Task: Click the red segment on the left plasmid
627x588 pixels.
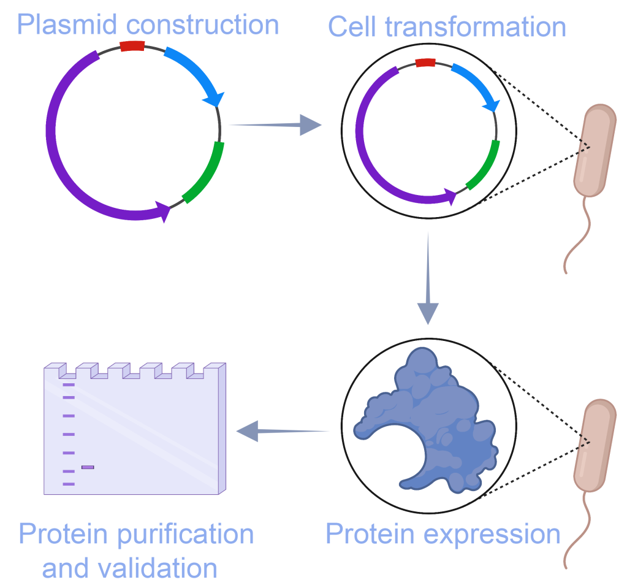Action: point(132,46)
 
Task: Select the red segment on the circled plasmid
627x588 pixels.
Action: point(425,62)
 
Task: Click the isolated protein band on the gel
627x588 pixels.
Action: point(88,467)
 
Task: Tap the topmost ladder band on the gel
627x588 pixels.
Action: point(68,385)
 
